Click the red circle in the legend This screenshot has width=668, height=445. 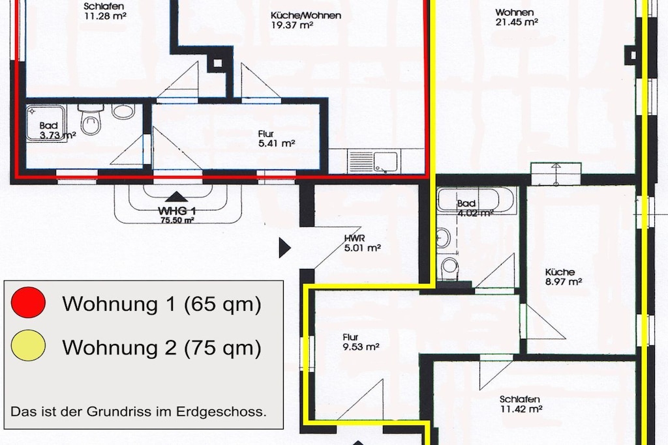(x=28, y=302)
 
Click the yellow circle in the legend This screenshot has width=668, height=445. (x=28, y=345)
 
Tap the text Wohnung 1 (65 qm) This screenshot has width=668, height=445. (x=162, y=304)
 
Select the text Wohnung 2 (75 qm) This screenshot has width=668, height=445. (x=162, y=347)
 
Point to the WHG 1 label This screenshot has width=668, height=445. (x=177, y=211)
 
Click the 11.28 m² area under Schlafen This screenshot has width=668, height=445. (x=105, y=16)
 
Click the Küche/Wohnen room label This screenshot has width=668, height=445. (x=306, y=16)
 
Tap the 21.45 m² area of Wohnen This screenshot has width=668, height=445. (x=517, y=22)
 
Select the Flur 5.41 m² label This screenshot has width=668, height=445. (x=277, y=139)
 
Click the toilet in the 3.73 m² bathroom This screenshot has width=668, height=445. (x=91, y=119)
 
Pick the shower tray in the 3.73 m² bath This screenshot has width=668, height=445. (x=46, y=123)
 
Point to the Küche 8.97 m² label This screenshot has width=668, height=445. (x=563, y=276)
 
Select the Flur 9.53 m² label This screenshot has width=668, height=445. (x=361, y=342)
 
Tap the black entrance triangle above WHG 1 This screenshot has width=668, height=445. (x=176, y=197)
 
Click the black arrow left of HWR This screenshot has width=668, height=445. (x=284, y=248)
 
